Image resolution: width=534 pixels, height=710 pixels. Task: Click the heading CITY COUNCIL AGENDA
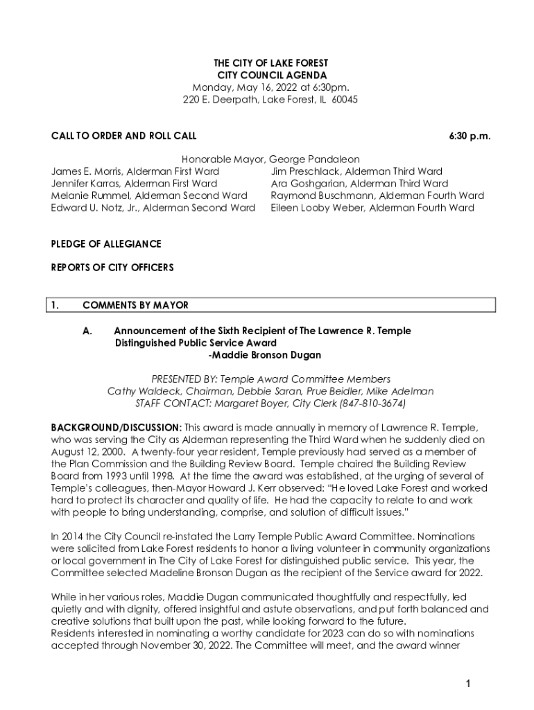pos(270,75)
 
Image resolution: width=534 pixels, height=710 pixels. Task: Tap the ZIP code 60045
pos(344,99)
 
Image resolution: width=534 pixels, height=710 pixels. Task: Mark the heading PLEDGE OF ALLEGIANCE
pos(106,244)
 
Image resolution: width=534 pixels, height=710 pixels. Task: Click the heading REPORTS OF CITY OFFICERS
pos(112,267)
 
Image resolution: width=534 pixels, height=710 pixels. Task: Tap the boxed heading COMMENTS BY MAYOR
pos(135,305)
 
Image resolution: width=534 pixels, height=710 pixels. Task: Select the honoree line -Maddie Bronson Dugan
pos(264,355)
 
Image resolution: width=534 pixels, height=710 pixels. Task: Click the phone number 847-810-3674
pos(372,403)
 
